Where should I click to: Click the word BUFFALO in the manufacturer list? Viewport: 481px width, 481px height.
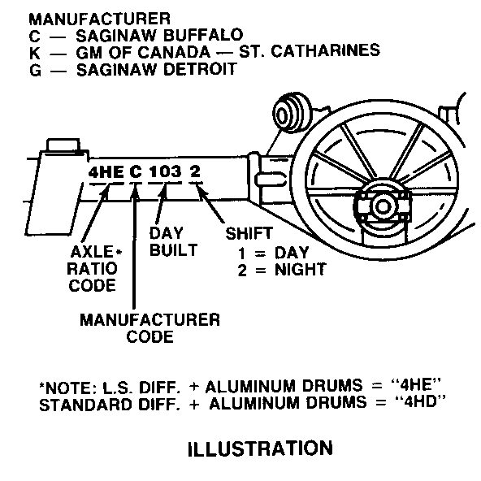point(203,35)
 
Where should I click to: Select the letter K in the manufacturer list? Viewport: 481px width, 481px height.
point(35,53)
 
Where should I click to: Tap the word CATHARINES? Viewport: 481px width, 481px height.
point(326,50)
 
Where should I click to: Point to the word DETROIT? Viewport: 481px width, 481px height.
point(201,69)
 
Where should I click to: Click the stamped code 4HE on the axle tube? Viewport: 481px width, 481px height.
point(106,172)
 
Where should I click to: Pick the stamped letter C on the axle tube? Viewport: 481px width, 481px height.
point(136,172)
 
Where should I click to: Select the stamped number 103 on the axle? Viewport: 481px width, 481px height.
point(165,171)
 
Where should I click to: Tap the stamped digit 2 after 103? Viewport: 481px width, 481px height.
point(195,171)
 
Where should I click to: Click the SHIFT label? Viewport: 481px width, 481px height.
point(249,233)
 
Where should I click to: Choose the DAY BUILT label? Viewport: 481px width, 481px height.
point(173,242)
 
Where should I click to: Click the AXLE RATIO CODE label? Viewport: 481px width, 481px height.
point(94,269)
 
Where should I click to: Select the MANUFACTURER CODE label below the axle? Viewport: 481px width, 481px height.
point(150,328)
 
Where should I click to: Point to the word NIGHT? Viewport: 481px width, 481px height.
point(300,270)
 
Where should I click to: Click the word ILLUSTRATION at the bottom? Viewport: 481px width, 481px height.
point(260,448)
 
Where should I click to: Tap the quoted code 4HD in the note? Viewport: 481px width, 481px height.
point(421,401)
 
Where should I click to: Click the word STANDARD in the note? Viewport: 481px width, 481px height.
point(86,405)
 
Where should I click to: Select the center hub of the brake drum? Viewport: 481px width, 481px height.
point(383,206)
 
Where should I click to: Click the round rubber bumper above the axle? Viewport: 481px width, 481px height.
point(292,113)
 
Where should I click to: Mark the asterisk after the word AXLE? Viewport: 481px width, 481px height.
point(119,252)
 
